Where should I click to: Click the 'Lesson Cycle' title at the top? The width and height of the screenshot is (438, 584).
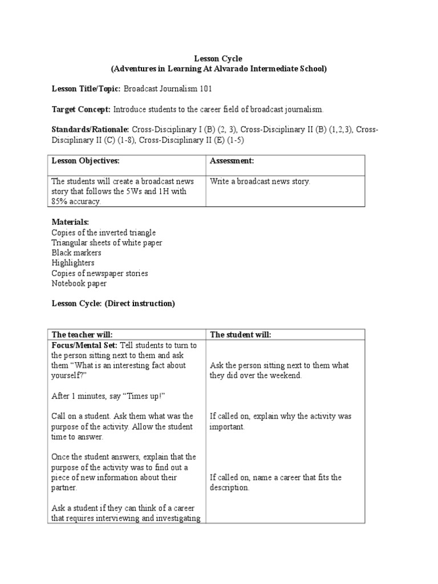(x=218, y=59)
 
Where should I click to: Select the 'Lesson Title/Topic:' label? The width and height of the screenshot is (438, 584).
(x=86, y=89)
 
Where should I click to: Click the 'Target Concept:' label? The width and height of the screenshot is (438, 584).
(x=81, y=109)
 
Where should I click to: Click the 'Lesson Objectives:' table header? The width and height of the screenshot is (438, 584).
(x=86, y=161)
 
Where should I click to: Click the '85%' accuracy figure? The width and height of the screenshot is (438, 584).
(x=61, y=201)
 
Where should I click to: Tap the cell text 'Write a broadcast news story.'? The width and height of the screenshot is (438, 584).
(x=260, y=182)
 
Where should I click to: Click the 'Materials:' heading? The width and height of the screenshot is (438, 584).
(x=70, y=222)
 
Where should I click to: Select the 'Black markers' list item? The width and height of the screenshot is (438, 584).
(x=76, y=253)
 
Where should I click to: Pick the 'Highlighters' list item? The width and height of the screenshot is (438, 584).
(x=73, y=263)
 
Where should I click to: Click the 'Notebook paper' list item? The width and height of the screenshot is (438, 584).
(x=79, y=283)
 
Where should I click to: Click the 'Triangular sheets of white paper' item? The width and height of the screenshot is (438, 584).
(x=107, y=242)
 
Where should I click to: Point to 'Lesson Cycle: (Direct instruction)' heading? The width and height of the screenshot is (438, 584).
(x=113, y=303)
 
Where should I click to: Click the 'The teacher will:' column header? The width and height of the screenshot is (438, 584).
(x=82, y=334)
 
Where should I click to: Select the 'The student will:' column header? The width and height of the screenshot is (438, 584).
(x=241, y=334)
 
